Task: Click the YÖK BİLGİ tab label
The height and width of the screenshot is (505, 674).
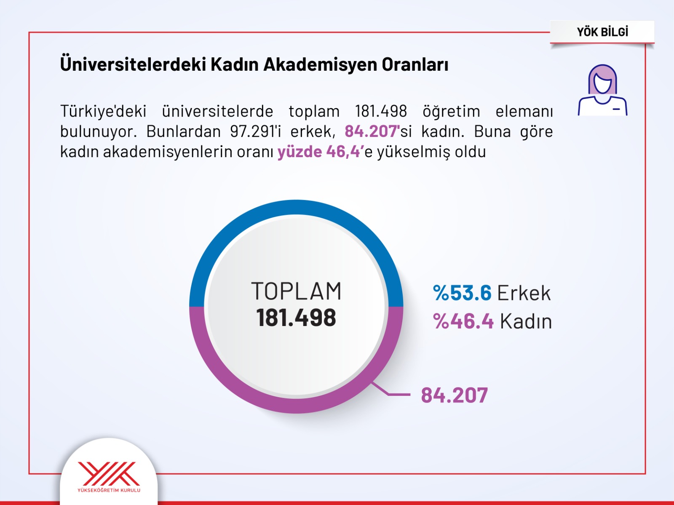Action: pos(602,32)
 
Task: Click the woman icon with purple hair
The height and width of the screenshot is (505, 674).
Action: pos(602,90)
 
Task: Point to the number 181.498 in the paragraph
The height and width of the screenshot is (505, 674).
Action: pos(381,111)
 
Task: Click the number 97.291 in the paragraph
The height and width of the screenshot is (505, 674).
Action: pos(252,131)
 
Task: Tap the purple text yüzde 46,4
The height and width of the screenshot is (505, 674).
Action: pos(318,152)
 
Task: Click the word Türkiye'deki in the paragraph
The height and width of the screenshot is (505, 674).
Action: pos(103,111)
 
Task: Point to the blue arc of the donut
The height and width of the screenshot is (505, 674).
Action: pos(296,208)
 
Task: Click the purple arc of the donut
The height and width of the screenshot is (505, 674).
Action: pos(296,406)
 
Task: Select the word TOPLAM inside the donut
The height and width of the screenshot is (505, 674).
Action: pos(296,291)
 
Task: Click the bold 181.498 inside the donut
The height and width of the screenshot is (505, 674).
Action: pos(296,318)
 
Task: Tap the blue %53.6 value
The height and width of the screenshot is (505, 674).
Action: pos(462,293)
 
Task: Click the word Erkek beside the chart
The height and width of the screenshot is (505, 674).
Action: pos(524,293)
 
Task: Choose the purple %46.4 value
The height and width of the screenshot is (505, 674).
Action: pos(463,321)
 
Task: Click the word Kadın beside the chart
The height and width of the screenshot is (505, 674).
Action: pos(526,321)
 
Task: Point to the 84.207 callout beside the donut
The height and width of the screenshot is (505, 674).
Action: pos(454,395)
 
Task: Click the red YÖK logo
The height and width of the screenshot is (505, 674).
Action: pos(109,474)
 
